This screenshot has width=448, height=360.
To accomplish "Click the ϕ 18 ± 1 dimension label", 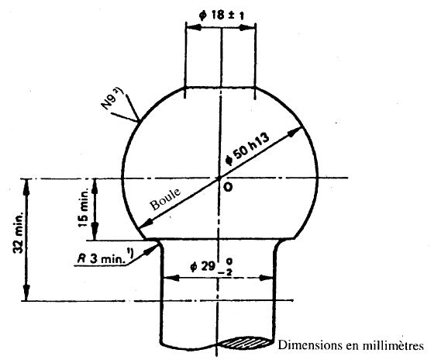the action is click(222, 16).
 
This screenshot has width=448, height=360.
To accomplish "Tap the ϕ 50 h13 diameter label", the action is click(247, 149).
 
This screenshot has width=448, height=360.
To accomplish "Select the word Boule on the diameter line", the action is click(165, 199).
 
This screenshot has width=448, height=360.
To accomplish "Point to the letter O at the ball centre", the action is click(228, 187).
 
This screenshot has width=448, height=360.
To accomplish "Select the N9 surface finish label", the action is click(111, 99).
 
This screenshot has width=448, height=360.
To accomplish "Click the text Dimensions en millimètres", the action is click(350, 345).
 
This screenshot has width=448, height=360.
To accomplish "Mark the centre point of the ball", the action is click(219, 178).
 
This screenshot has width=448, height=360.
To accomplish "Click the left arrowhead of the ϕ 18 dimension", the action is click(194, 28).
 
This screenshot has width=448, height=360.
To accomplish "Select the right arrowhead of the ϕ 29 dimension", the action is click(267, 278).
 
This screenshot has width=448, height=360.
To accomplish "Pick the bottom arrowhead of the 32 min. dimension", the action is click(26, 292).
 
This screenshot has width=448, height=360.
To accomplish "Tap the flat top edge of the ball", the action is click(220, 87).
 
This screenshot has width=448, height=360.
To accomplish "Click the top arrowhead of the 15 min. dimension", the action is click(95, 186).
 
